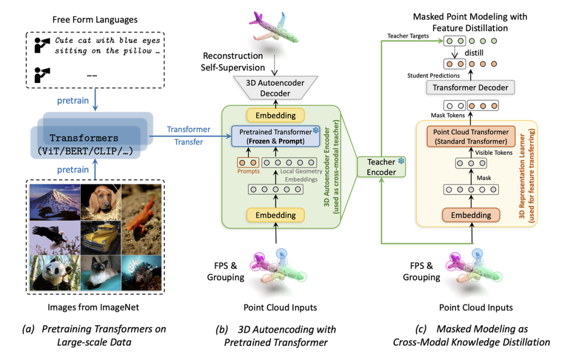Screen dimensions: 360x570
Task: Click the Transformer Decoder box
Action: pos(470,88)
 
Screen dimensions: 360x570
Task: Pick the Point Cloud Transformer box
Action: pos(470,136)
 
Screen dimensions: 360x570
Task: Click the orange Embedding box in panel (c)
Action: pos(470,214)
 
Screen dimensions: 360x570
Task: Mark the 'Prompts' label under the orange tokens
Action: pos(248,170)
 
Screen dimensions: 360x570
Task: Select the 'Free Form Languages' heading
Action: pos(95,20)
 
